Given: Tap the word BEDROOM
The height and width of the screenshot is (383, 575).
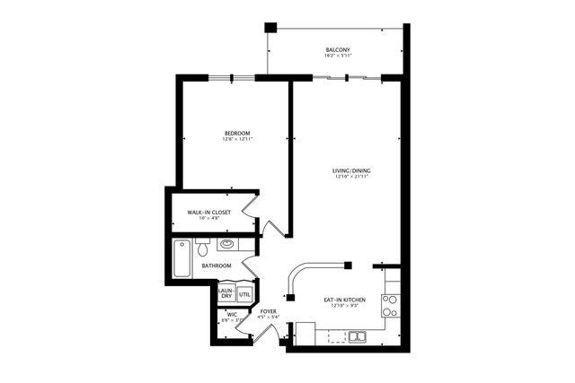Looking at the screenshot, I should click(x=236, y=133).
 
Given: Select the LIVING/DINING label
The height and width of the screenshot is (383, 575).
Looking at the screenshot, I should click(x=351, y=169).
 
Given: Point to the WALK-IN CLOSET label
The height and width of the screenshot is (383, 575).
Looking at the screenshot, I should click(x=208, y=212).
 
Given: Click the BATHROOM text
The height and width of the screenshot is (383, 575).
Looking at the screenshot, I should click(x=217, y=265).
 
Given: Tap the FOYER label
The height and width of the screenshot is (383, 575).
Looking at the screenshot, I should click(x=268, y=310).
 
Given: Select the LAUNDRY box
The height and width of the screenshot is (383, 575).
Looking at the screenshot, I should click(x=226, y=293).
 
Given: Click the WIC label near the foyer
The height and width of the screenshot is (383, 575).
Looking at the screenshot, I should click(x=231, y=314).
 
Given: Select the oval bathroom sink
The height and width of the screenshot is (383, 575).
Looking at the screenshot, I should click(x=228, y=244).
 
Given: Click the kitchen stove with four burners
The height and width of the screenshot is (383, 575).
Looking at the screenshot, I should click(x=390, y=307).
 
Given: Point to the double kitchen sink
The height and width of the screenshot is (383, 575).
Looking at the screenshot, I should click(x=358, y=336).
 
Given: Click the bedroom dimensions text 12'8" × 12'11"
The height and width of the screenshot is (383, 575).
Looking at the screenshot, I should click(x=236, y=140).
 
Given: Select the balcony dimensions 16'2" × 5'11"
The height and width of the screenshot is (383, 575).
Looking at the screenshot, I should click(x=337, y=56).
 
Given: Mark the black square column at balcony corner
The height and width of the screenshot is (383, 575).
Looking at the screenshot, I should click(x=268, y=27).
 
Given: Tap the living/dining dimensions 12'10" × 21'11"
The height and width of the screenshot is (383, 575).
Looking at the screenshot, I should click(x=351, y=176).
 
